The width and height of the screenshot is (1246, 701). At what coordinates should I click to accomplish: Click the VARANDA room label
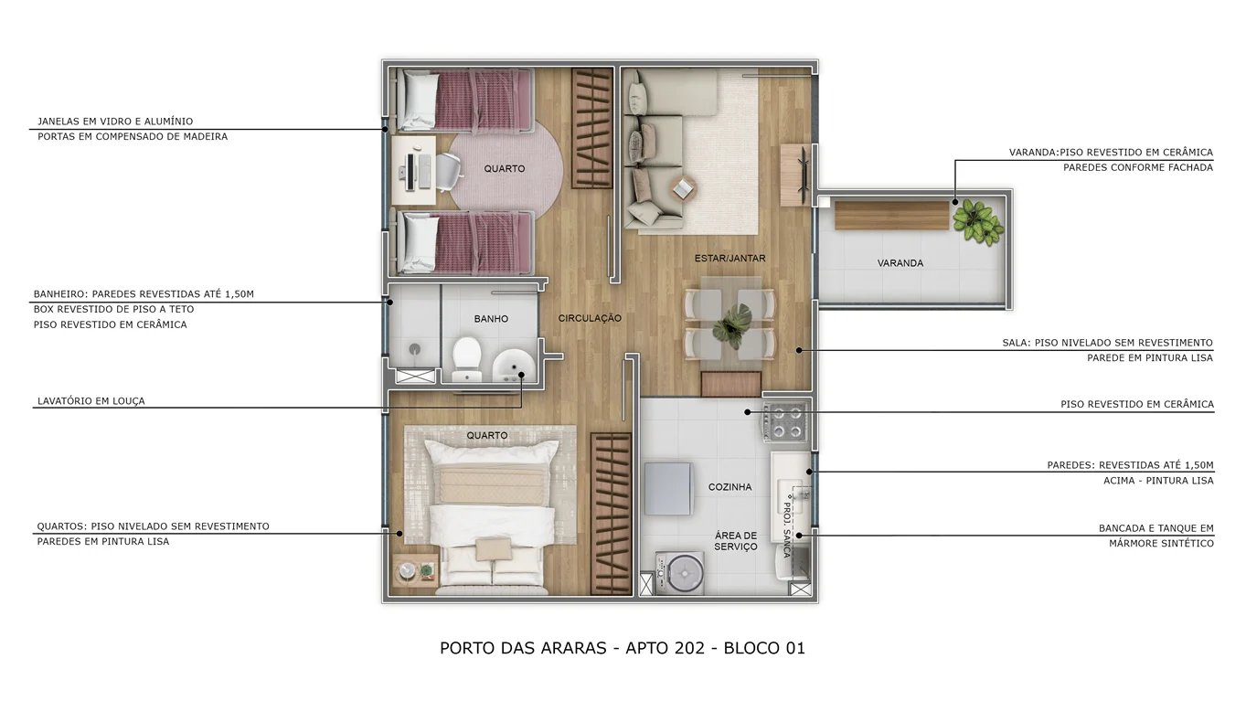click(900, 263)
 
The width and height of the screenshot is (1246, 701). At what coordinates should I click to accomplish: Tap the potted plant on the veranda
click(977, 222)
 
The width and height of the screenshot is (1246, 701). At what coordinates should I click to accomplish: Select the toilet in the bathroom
click(467, 358)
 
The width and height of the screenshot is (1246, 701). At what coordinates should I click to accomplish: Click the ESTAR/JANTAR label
click(729, 259)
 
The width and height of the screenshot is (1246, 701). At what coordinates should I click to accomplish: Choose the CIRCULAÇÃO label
click(590, 318)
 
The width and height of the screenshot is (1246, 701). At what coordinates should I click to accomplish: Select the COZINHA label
click(729, 487)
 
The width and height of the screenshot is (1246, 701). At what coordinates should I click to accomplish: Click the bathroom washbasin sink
click(514, 367)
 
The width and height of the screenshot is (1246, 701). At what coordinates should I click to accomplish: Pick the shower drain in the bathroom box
click(415, 349)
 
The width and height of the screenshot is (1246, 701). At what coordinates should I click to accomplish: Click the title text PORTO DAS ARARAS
click(522, 648)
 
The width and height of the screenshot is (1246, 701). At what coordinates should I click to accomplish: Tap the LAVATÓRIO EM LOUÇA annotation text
click(91, 401)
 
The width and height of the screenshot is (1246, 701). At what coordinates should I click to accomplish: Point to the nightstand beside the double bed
click(416, 572)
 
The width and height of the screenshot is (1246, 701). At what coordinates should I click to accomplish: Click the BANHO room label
click(491, 319)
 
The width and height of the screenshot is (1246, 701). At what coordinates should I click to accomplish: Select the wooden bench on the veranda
click(892, 216)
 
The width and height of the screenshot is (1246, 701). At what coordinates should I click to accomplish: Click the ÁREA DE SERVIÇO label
click(736, 541)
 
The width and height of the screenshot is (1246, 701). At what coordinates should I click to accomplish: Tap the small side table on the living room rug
click(683, 188)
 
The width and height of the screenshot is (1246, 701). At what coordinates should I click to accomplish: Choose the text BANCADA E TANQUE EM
click(1155, 528)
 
